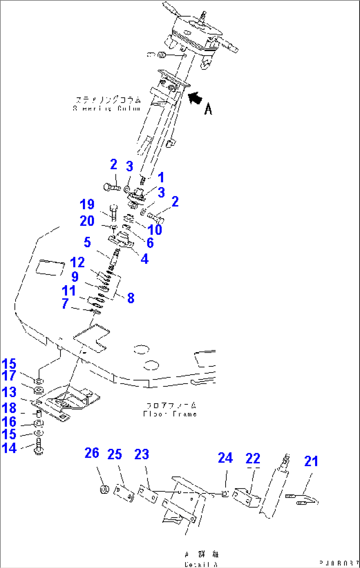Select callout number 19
click(x=87, y=205)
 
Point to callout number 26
click(x=92, y=453)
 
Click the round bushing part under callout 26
click(x=104, y=489)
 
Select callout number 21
click(x=311, y=461)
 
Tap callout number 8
click(x=131, y=298)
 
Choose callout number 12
click(x=78, y=263)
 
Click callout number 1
click(x=161, y=178)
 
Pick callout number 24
click(x=225, y=458)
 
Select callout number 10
click(x=155, y=230)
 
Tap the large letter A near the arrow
click(x=208, y=109)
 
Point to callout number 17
click(x=9, y=376)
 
